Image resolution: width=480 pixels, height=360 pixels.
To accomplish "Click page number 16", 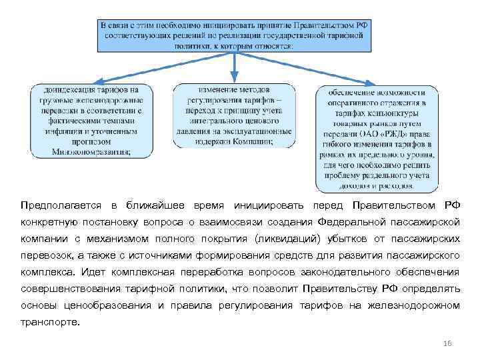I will coord(447,342).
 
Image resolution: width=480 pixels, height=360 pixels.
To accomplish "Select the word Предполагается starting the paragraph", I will coord(60,203).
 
